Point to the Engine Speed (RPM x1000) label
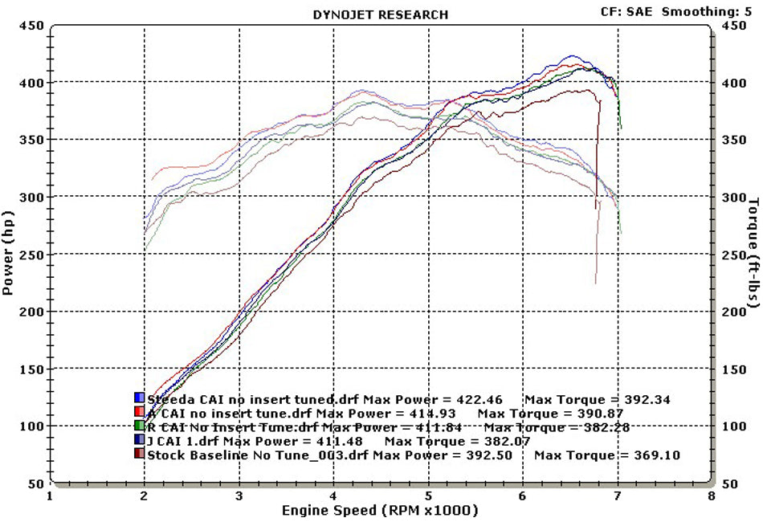(x=380, y=511)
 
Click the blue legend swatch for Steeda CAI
(x=139, y=398)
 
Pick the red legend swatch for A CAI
(x=139, y=413)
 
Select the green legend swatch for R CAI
(x=139, y=426)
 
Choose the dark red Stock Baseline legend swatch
(x=139, y=455)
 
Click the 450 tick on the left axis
(x=31, y=26)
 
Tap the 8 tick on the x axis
(x=712, y=497)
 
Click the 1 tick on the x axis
(x=51, y=497)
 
